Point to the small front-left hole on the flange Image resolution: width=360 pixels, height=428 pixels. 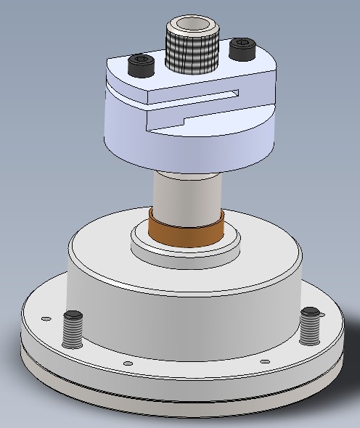coord(128,363)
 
